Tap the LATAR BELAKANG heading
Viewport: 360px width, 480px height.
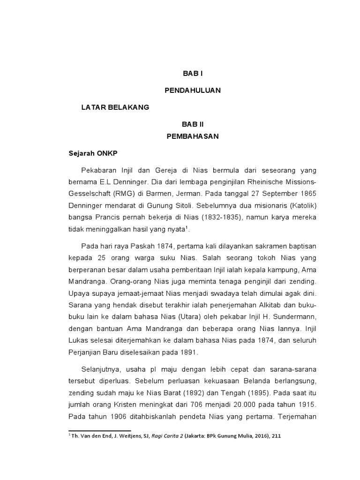click(x=115, y=107)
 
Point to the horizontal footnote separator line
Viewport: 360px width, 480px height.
click(x=100, y=430)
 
